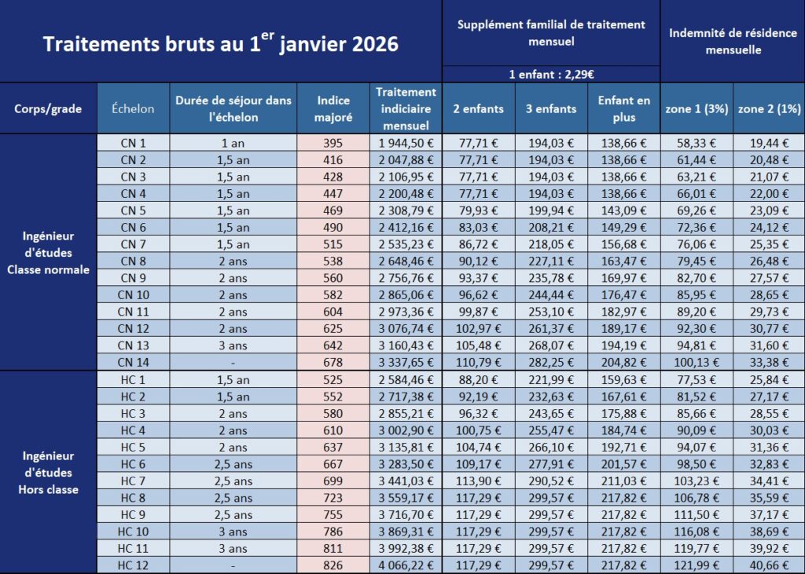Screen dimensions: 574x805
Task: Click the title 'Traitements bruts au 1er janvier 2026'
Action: tap(220, 42)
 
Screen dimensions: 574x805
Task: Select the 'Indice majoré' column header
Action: tap(333, 108)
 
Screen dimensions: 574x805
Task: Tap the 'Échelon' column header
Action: tap(133, 109)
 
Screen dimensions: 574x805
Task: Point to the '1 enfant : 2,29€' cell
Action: tap(550, 75)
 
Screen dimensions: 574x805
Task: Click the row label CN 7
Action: tap(133, 244)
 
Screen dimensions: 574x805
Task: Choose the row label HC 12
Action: tap(133, 565)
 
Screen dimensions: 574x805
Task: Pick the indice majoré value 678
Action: tap(333, 363)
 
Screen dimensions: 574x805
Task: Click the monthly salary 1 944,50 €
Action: tap(406, 143)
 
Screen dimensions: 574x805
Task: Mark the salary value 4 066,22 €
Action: tap(406, 565)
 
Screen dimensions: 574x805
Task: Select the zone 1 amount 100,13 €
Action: tap(696, 363)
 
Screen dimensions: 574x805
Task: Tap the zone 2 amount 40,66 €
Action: tap(768, 565)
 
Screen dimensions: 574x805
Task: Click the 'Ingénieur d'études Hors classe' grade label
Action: tap(49, 473)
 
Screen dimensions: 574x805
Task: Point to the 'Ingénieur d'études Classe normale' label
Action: tap(49, 253)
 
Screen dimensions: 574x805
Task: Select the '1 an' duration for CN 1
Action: tap(233, 143)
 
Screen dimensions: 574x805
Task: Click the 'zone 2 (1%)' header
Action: tap(768, 109)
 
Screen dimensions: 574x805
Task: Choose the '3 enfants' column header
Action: tap(550, 109)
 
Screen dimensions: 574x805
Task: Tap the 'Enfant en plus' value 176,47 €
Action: tap(623, 295)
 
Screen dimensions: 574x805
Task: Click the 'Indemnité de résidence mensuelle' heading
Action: tap(732, 41)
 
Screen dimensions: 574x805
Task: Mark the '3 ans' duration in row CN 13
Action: tap(233, 345)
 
